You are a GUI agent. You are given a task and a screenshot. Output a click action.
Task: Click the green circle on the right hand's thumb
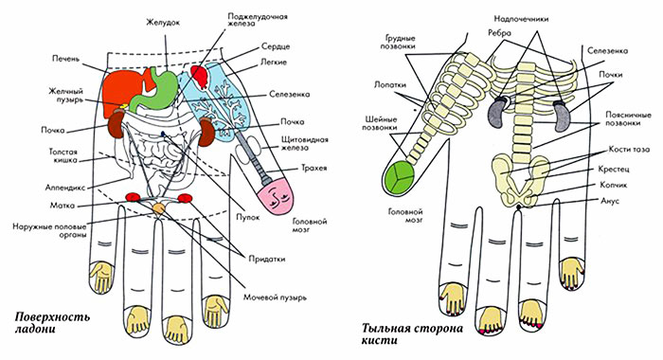pyautogui.click(x=403, y=176)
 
